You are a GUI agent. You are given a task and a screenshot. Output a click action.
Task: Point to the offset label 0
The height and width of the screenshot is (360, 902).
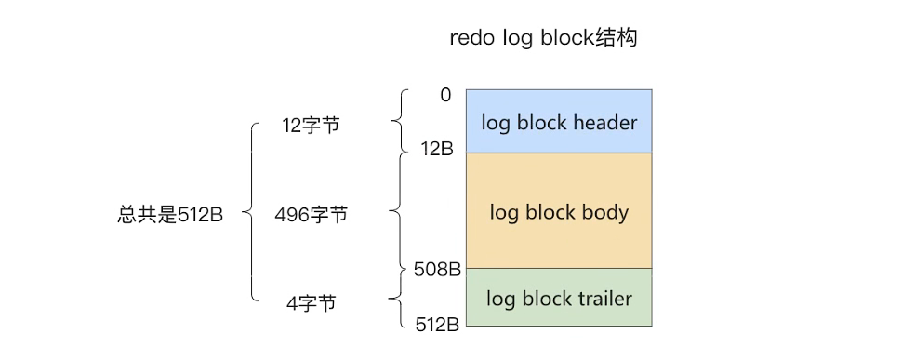coord(445,95)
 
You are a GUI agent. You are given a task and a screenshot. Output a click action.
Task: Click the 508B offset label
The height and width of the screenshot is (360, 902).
coord(437,270)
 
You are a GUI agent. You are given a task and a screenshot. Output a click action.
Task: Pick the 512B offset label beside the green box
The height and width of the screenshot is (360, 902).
coord(437,325)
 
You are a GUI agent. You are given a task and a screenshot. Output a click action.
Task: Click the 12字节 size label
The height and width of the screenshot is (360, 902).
coord(311,126)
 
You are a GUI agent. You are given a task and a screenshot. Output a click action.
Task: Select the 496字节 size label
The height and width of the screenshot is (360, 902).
coord(311,215)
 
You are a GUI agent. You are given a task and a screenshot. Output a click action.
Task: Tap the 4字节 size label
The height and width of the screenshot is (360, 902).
coord(311,303)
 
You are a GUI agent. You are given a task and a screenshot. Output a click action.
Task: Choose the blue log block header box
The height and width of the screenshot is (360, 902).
coord(558,121)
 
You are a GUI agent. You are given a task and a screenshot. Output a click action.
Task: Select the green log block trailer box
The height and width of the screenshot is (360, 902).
coord(558,298)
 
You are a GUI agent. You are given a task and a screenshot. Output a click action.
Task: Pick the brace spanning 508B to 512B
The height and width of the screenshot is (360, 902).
coord(398,300)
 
